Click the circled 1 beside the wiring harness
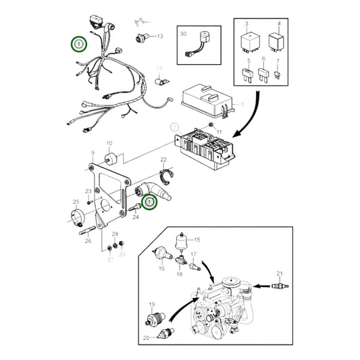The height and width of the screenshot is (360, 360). tap(79, 45)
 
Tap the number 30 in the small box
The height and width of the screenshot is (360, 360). tap(183, 33)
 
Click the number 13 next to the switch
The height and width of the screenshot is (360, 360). tap(160, 36)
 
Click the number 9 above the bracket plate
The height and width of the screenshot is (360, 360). tap(93, 154)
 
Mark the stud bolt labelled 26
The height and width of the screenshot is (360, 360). tap(88, 236)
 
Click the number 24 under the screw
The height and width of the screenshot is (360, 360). tap(136, 217)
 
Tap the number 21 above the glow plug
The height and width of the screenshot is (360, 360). tap(279, 272)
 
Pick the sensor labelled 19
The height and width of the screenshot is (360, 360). tap(157, 319)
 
